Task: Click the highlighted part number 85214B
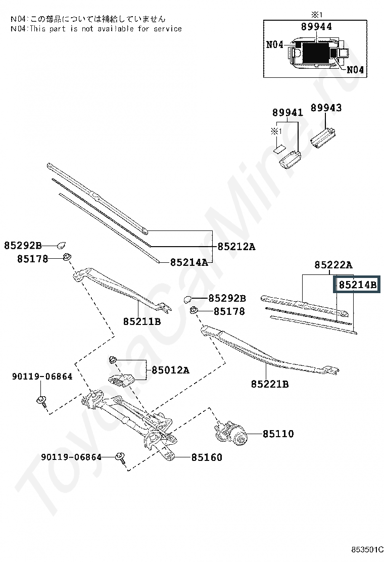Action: pos(357,285)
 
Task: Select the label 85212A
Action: pos(236,247)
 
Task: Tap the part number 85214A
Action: pos(189,262)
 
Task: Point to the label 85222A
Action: pos(333,265)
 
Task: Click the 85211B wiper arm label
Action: pos(142,321)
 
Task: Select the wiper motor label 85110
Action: pos(277,434)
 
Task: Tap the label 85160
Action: pos(207,457)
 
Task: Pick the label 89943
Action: pos(326,108)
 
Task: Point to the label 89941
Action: pos(288,112)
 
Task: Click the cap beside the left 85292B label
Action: pos(62,245)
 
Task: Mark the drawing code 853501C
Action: pos(368,549)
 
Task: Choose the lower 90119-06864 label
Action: pos(71,457)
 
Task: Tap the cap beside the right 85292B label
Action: pos(187,299)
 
